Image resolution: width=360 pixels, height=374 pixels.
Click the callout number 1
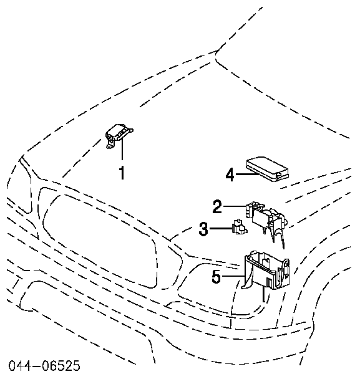coord(122,173)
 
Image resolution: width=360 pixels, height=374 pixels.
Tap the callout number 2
coord(217,206)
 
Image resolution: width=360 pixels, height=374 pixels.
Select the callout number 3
coord(203,229)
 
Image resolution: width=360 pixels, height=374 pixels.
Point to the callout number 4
coord(230,175)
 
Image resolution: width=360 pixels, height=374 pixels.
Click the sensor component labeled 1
coord(119,135)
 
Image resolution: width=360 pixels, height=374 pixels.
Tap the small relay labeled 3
coord(239,227)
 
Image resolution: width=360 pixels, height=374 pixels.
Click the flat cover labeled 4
coord(268,169)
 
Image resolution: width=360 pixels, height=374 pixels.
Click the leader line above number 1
coord(122,150)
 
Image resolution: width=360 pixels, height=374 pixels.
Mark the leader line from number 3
coord(221,229)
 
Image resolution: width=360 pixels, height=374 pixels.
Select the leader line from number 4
coord(246,175)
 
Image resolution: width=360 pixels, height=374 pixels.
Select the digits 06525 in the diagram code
coord(61,366)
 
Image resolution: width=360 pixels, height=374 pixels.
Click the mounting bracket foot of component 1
coord(111,145)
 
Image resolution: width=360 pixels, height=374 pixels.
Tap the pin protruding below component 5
coord(264,295)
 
